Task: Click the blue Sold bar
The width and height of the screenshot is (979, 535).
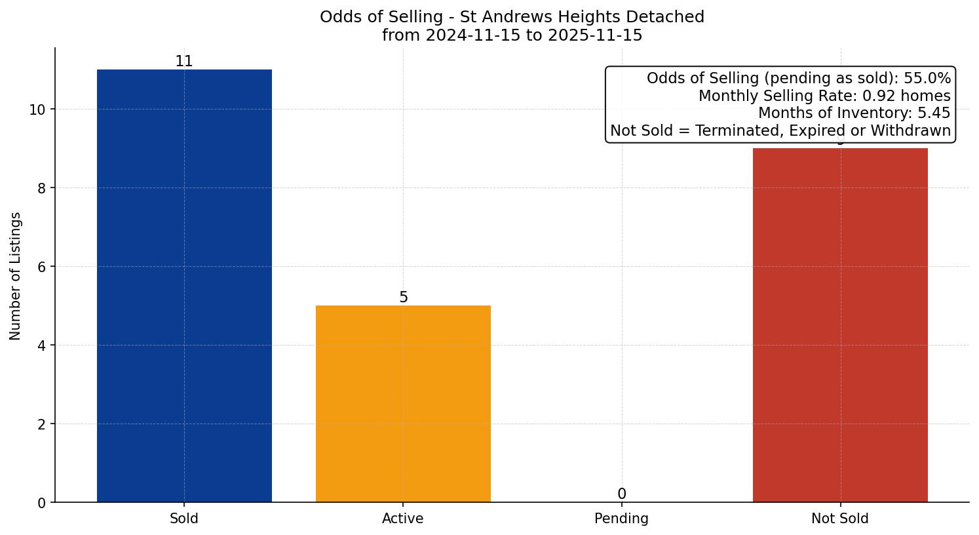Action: tap(184, 286)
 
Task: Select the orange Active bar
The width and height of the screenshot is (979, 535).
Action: tap(403, 404)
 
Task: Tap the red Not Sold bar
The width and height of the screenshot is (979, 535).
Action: tap(840, 325)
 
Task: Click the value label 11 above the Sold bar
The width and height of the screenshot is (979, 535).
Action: tap(184, 62)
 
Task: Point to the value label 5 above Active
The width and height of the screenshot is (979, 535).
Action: tap(403, 298)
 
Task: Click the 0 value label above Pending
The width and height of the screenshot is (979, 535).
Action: tap(621, 494)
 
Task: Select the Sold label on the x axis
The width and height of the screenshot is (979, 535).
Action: tap(184, 519)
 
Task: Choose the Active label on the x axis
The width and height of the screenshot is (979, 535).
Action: tap(403, 519)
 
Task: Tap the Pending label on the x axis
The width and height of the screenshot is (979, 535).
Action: tap(621, 519)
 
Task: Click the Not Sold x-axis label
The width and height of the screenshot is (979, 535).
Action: tap(840, 519)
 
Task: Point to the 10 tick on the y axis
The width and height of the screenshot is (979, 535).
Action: tap(37, 109)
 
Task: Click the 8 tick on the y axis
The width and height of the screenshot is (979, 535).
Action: tap(42, 188)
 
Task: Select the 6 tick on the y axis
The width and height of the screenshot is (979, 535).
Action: tap(42, 267)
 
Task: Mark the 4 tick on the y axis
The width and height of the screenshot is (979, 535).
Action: tap(42, 346)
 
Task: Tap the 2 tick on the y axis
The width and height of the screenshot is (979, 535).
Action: tap(42, 424)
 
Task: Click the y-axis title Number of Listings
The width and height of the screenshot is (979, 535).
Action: tap(16, 275)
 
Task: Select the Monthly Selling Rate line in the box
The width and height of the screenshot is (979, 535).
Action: tap(824, 96)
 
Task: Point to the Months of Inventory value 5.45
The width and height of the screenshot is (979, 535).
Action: tap(934, 113)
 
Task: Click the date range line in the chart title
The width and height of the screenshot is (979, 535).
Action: tap(512, 35)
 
